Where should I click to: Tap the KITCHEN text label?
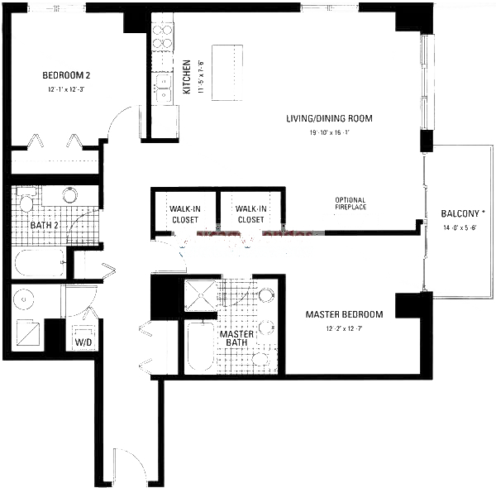(x=188, y=76)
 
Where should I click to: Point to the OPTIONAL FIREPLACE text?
(x=351, y=204)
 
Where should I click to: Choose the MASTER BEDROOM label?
(x=344, y=314)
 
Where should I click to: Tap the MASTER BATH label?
(x=236, y=339)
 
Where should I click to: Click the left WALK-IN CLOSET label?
(x=183, y=214)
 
